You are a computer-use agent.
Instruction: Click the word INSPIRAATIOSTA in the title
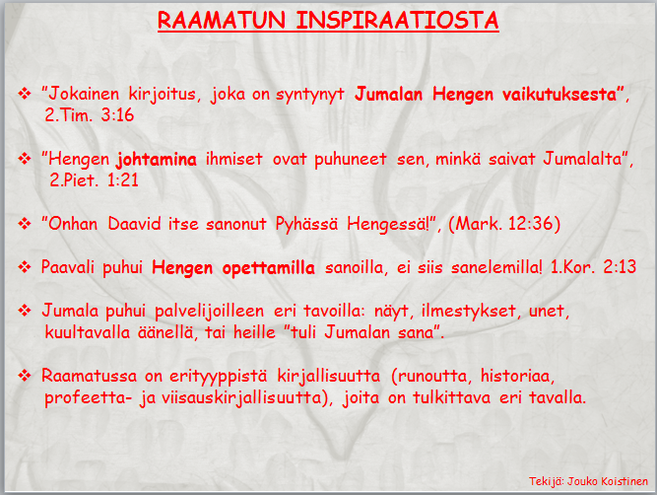397,20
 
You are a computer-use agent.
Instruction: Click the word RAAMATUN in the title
222,20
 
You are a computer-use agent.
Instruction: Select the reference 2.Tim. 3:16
90,115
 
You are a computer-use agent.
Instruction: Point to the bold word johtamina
157,160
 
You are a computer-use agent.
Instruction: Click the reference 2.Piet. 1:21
94,180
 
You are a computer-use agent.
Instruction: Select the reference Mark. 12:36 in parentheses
504,224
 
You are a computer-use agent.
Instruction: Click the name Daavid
134,224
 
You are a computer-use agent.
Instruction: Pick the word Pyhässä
306,224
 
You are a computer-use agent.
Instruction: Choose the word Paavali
68,267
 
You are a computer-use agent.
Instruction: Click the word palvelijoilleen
210,312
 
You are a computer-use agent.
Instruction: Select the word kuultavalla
87,332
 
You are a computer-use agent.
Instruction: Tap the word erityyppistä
218,376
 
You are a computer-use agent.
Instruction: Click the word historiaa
517,376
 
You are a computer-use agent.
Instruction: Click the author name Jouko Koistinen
608,481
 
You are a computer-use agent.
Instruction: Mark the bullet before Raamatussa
25,376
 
